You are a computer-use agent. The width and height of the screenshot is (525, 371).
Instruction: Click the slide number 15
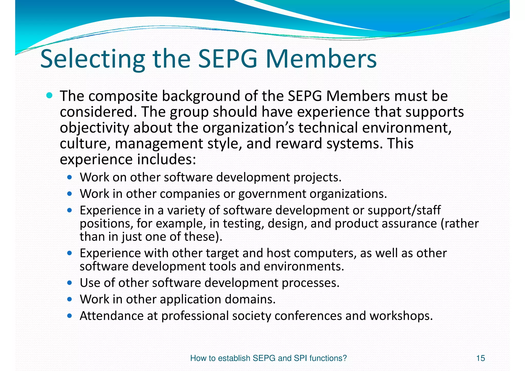coord(480,358)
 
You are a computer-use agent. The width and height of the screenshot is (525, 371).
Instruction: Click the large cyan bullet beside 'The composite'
coord(49,96)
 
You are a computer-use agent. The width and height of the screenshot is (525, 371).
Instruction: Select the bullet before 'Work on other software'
coord(69,177)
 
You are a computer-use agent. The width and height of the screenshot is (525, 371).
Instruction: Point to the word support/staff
coord(404,210)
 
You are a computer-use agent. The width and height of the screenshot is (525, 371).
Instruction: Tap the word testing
coord(243,224)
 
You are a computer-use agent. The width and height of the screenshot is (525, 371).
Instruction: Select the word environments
coord(304,267)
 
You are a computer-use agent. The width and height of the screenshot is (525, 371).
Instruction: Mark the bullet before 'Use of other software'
coord(69,283)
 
